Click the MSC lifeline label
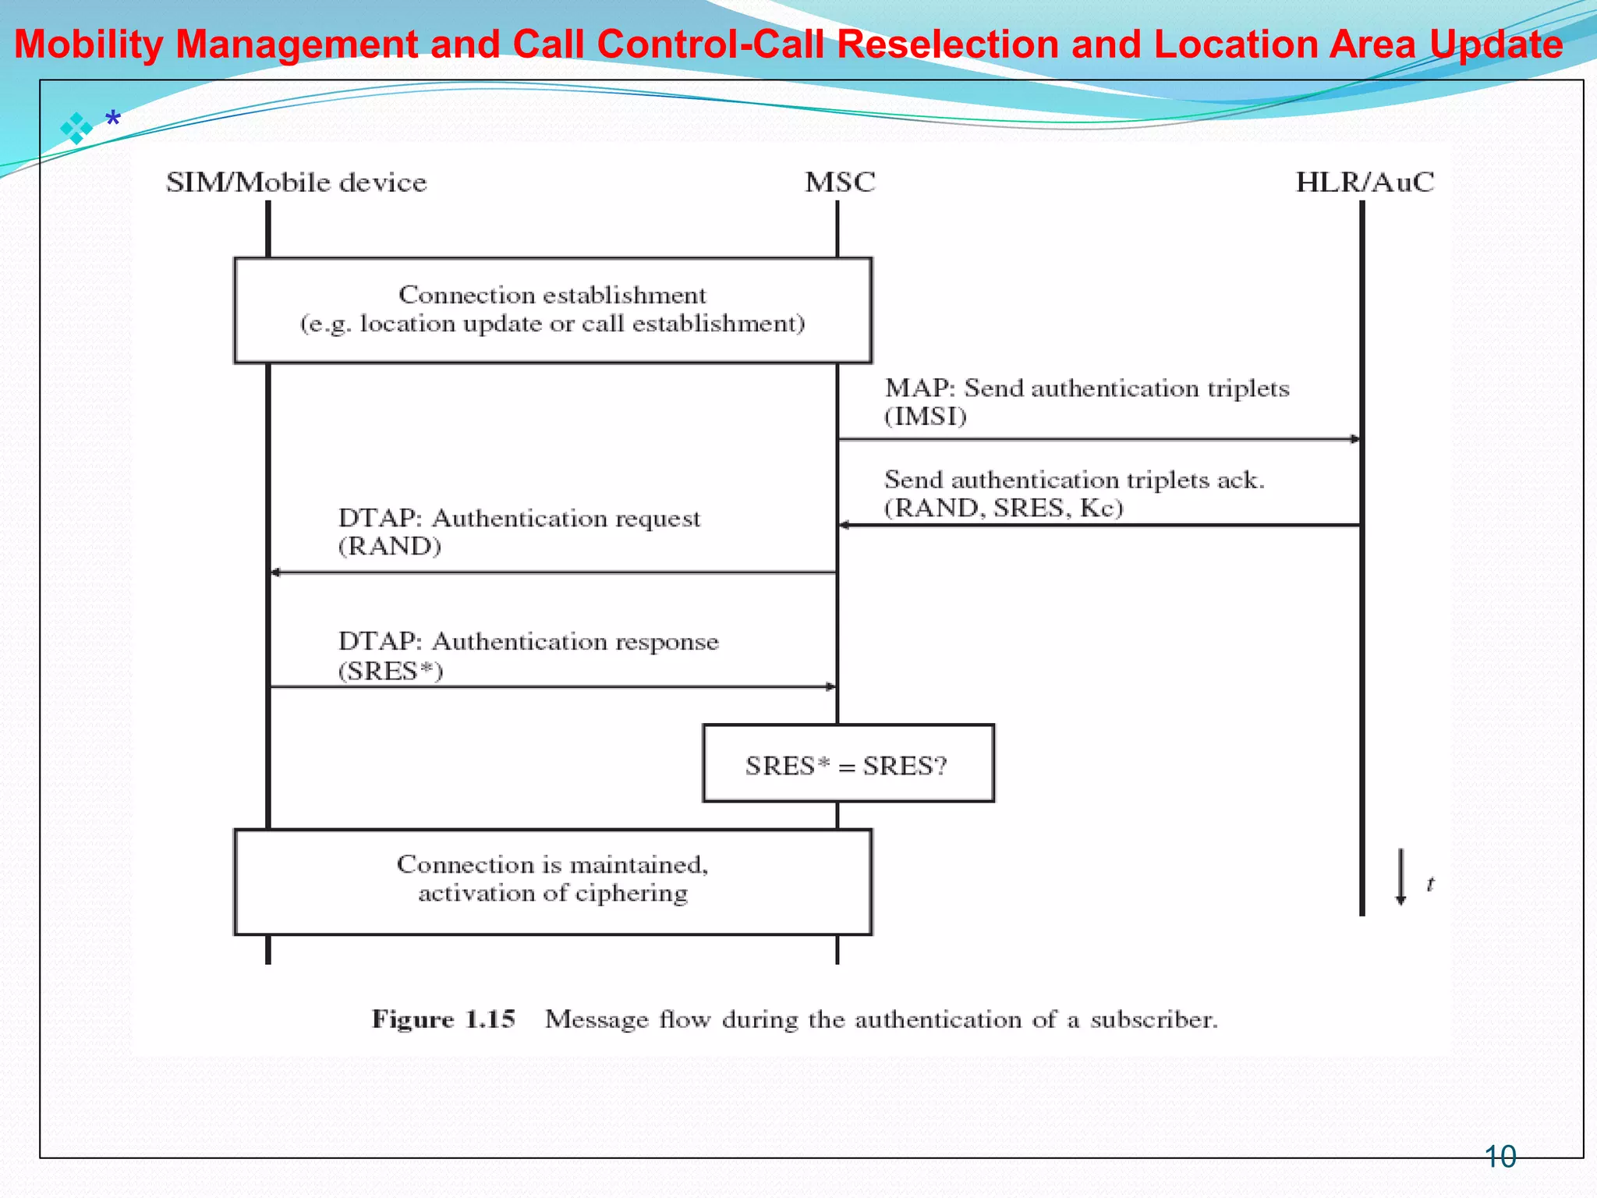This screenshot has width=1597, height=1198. pyautogui.click(x=840, y=183)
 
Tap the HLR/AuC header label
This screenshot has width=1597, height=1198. pyautogui.click(x=1365, y=183)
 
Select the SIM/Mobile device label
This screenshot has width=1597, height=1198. pyautogui.click(x=296, y=183)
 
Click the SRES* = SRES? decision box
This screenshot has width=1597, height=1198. pyautogui.click(x=848, y=764)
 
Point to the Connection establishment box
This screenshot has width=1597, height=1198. pyautogui.click(x=553, y=310)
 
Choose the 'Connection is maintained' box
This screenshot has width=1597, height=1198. pyautogui.click(x=553, y=881)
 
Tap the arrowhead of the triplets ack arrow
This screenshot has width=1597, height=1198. pyautogui.click(x=845, y=526)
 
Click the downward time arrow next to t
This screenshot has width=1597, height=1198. pyautogui.click(x=1400, y=877)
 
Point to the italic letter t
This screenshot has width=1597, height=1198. pyautogui.click(x=1430, y=884)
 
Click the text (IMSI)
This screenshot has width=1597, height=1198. pyautogui.click(x=926, y=416)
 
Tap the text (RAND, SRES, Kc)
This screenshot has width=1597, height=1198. pyautogui.click(x=1004, y=508)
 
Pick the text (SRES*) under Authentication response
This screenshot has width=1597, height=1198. pyautogui.click(x=391, y=671)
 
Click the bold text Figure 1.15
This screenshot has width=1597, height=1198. pyautogui.click(x=443, y=1019)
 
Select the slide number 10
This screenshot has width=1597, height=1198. pyautogui.click(x=1500, y=1157)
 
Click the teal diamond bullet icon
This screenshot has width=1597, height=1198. pyautogui.click(x=76, y=128)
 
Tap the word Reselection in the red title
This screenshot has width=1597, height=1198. pyautogui.click(x=947, y=44)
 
